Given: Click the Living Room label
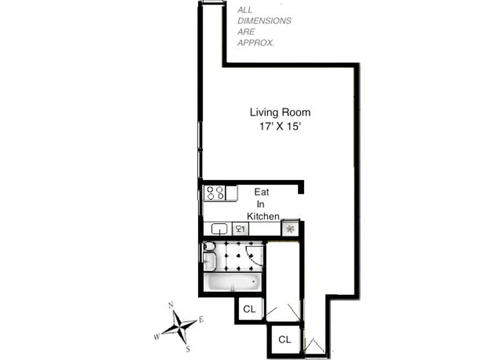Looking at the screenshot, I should point(280,112).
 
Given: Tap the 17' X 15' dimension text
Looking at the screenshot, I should point(280,126).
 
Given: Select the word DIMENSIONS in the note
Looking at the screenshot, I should point(264,21).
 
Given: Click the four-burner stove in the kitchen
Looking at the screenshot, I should point(215,193).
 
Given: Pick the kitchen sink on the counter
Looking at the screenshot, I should point(219,229).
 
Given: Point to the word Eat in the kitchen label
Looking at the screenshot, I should point(262,192).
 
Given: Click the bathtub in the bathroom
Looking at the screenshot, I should point(233,283).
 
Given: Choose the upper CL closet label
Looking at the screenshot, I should point(249,309).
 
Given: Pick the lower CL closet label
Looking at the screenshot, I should point(284,339).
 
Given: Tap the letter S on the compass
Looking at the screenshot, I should point(188,348).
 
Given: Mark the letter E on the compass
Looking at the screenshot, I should point(202,319).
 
